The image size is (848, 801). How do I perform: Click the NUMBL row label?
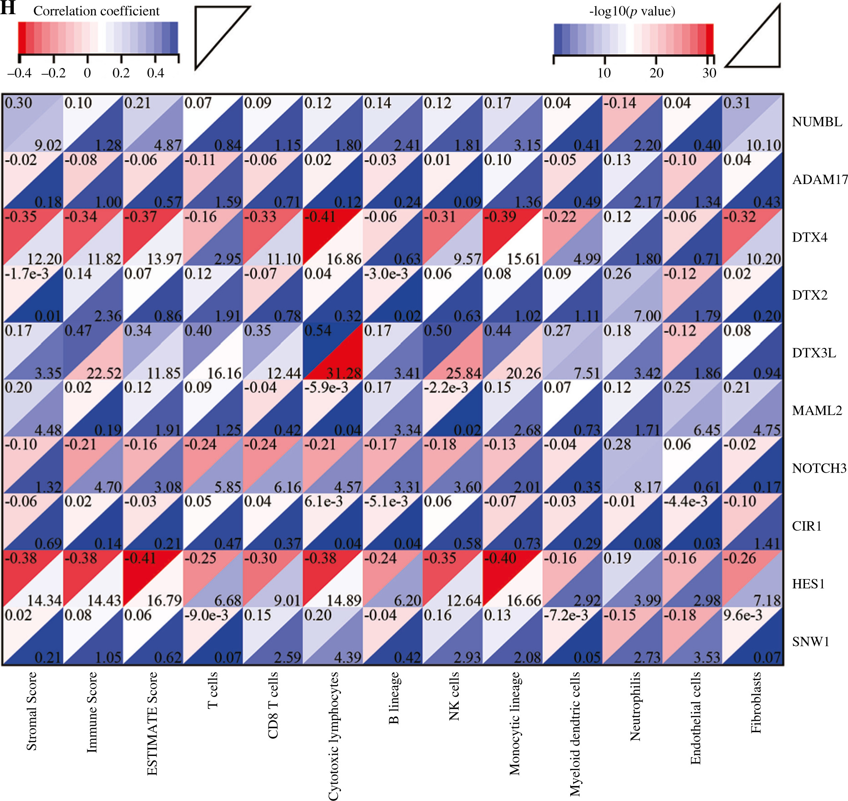click(x=817, y=122)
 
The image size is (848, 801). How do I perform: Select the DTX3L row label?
click(x=814, y=353)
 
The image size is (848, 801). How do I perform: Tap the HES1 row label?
click(x=808, y=584)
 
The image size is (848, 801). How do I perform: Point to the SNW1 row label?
click(x=810, y=641)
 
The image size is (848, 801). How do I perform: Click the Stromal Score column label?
click(x=32, y=711)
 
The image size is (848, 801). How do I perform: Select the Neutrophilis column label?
click(x=635, y=706)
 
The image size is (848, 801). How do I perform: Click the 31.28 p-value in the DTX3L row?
click(x=344, y=373)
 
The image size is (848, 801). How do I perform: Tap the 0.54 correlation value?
click(x=317, y=330)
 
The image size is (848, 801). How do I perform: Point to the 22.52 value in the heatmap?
click(x=104, y=373)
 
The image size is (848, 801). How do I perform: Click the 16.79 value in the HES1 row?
click(x=164, y=601)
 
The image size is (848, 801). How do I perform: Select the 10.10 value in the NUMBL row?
click(x=763, y=145)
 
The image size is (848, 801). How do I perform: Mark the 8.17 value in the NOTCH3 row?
click(x=647, y=487)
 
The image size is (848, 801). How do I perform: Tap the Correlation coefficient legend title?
click(x=96, y=11)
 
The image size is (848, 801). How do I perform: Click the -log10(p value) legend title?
click(x=632, y=11)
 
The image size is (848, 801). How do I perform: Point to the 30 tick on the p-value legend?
click(x=708, y=73)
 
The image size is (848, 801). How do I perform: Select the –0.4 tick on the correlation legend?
click(x=19, y=73)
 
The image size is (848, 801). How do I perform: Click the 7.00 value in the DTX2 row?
click(x=647, y=316)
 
